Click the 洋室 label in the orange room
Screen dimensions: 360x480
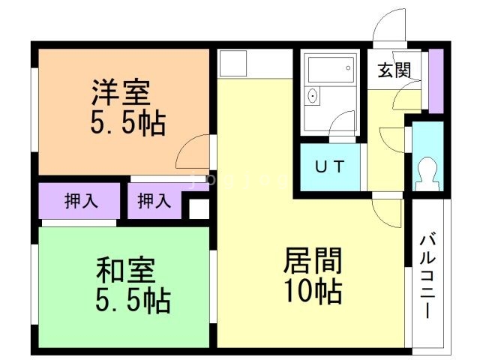pyautogui.click(x=121, y=94)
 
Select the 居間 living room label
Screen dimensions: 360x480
pyautogui.click(x=313, y=261)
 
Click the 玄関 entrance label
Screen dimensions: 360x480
pyautogui.click(x=393, y=71)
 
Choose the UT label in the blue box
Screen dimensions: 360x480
pyautogui.click(x=329, y=167)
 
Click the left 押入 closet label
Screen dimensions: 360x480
pyautogui.click(x=79, y=201)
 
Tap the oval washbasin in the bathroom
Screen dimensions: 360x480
pyautogui.click(x=313, y=96)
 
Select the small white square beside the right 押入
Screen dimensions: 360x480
pyautogui.click(x=198, y=208)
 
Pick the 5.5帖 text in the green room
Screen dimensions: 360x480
pyautogui.click(x=132, y=300)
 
